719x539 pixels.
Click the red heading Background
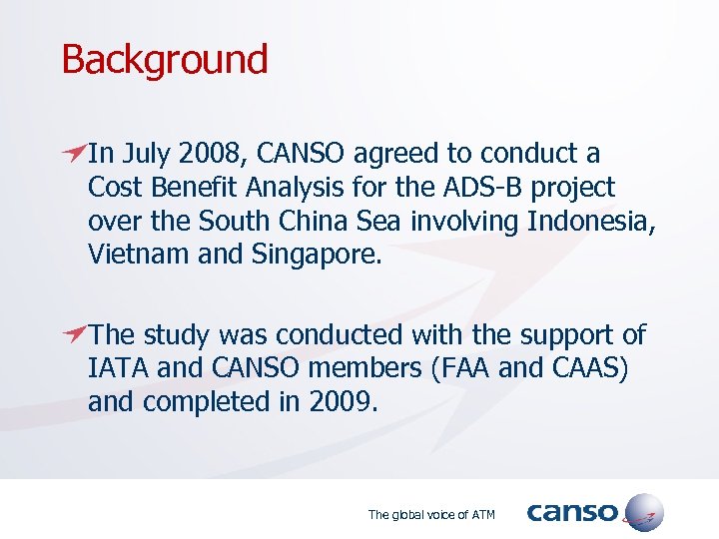[x=165, y=60]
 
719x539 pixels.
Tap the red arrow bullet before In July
[x=73, y=153]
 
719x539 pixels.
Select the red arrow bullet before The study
[x=73, y=334]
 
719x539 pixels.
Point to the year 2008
[x=215, y=155]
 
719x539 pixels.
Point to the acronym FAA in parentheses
[x=464, y=369]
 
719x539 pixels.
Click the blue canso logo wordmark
[x=572, y=513]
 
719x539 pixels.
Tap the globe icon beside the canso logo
[x=643, y=512]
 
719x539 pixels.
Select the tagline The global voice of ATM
[x=431, y=515]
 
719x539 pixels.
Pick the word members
[x=359, y=369]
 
